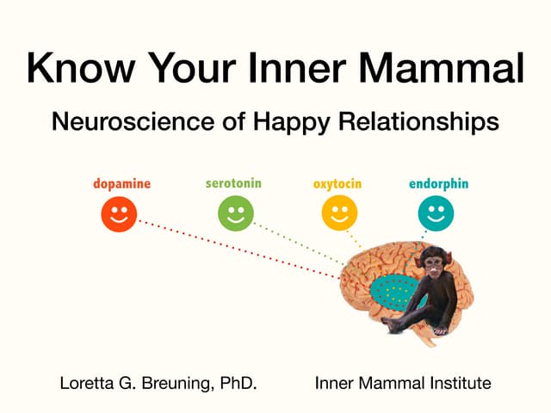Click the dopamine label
pos(121,184)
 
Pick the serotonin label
pos(233,183)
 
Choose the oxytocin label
pos(337,184)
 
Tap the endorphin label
pos(438,184)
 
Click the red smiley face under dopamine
pos(119,213)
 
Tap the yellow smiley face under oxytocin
pos(339,213)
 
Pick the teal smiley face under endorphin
pos(436,213)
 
